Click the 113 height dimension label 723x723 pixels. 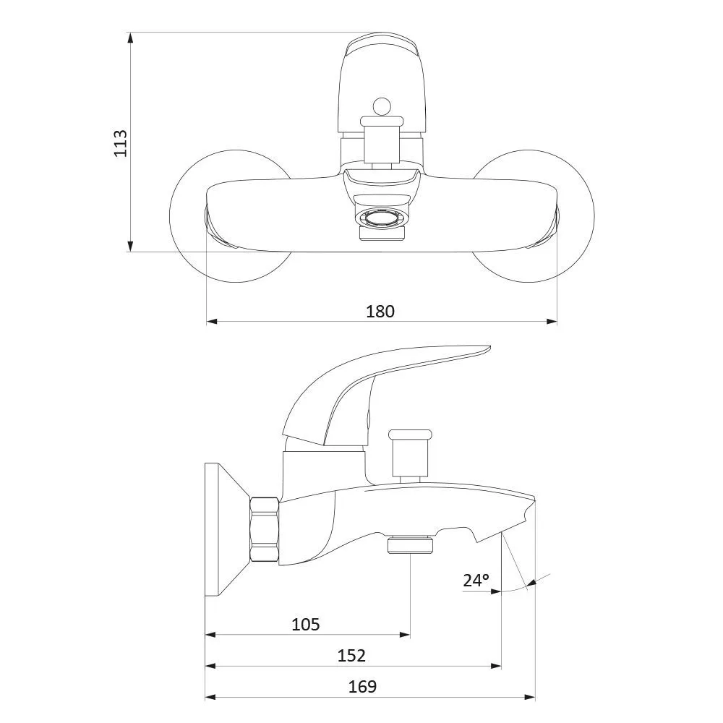coord(120,143)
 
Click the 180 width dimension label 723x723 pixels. coord(380,311)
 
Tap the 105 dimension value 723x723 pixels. coord(306,625)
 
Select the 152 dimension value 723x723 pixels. coord(351,655)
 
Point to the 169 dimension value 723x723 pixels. coord(362,687)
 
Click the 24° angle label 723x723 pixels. coord(476,580)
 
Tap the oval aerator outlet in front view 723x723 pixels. coord(381,217)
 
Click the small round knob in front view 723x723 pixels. coord(381,107)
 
